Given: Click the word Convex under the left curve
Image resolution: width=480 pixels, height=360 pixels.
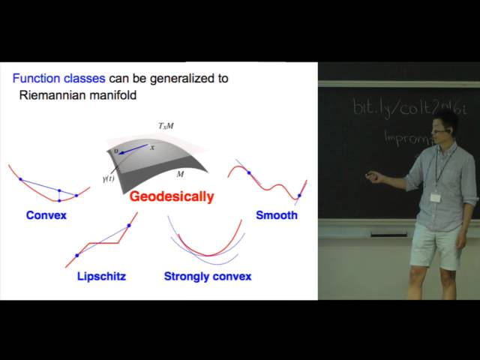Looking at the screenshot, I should [x=46, y=215].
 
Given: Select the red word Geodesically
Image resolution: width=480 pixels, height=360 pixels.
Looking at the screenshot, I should [x=172, y=197].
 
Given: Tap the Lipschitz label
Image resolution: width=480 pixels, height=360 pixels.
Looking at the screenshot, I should [x=101, y=276].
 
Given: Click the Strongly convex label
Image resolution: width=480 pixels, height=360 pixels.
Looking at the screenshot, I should [x=208, y=276].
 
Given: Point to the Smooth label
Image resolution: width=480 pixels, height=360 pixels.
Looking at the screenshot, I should [x=277, y=215].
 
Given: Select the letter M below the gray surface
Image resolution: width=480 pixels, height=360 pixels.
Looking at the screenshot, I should [x=180, y=174].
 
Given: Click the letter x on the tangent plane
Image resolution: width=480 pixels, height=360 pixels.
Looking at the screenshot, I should [x=152, y=147].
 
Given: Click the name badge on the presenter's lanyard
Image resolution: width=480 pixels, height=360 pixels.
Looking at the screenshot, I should [x=435, y=197].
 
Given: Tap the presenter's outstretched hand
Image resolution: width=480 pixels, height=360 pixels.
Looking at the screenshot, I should [x=372, y=178].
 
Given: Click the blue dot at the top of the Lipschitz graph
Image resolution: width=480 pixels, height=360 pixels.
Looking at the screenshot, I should [x=129, y=224].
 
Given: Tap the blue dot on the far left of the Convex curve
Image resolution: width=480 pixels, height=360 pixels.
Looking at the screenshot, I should [x=20, y=180].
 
